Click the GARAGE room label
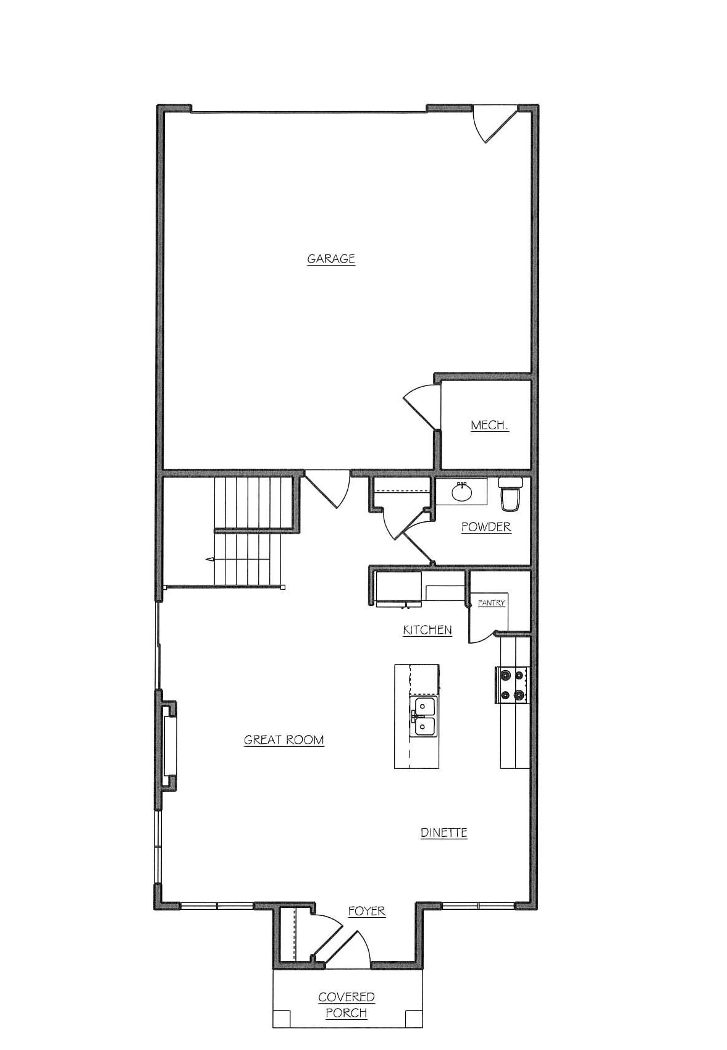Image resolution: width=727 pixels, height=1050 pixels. tap(331, 259)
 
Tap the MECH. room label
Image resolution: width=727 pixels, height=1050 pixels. tap(489, 426)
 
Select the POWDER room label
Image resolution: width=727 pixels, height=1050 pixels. tap(486, 527)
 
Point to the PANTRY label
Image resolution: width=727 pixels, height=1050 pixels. tap(491, 603)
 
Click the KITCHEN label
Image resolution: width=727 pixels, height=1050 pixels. tap(427, 629)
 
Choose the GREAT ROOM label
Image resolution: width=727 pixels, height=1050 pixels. tap(284, 740)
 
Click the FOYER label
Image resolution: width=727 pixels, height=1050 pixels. tap(366, 911)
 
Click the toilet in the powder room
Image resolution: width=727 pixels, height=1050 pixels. tap(510, 493)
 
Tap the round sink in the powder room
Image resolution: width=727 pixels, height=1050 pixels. tap(462, 492)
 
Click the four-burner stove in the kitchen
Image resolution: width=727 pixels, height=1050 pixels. tap(512, 685)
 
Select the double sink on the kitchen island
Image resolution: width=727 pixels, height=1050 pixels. tap(424, 716)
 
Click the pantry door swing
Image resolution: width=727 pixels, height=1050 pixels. tap(482, 637)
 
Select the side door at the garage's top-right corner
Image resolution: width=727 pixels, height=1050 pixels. tap(495, 124)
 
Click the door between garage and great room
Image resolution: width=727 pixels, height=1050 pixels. tap(327, 489)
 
